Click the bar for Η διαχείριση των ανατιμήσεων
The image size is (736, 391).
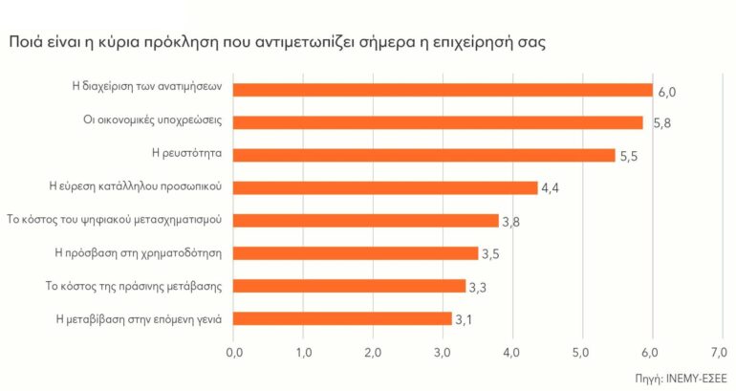point(443,90)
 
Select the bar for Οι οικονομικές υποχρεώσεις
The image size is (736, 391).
point(438,122)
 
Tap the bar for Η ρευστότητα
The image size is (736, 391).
point(424,155)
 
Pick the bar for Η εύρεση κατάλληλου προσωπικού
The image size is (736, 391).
point(386,187)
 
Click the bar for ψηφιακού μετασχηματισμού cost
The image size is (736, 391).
point(366,221)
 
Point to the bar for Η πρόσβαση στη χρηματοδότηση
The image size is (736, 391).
point(356,253)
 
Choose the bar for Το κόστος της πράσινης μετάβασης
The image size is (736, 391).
point(349,286)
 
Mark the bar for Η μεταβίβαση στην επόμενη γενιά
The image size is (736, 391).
point(342,318)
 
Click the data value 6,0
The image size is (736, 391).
point(666,92)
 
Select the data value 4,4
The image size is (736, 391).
point(550,189)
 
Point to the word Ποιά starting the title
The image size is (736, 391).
point(28,44)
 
